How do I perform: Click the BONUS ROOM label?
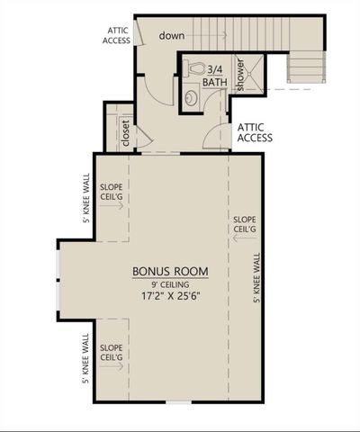point(171,271)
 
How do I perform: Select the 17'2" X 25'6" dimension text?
point(171,295)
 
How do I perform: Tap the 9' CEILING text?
point(171,283)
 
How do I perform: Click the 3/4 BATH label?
point(214,75)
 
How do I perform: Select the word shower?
point(240,76)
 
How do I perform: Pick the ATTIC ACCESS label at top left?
point(117,35)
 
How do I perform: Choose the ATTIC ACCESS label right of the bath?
point(255,133)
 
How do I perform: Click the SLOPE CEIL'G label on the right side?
point(244,224)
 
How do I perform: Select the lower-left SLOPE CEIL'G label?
point(112,353)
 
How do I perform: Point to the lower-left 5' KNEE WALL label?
point(87,359)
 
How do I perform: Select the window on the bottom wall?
point(178,401)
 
